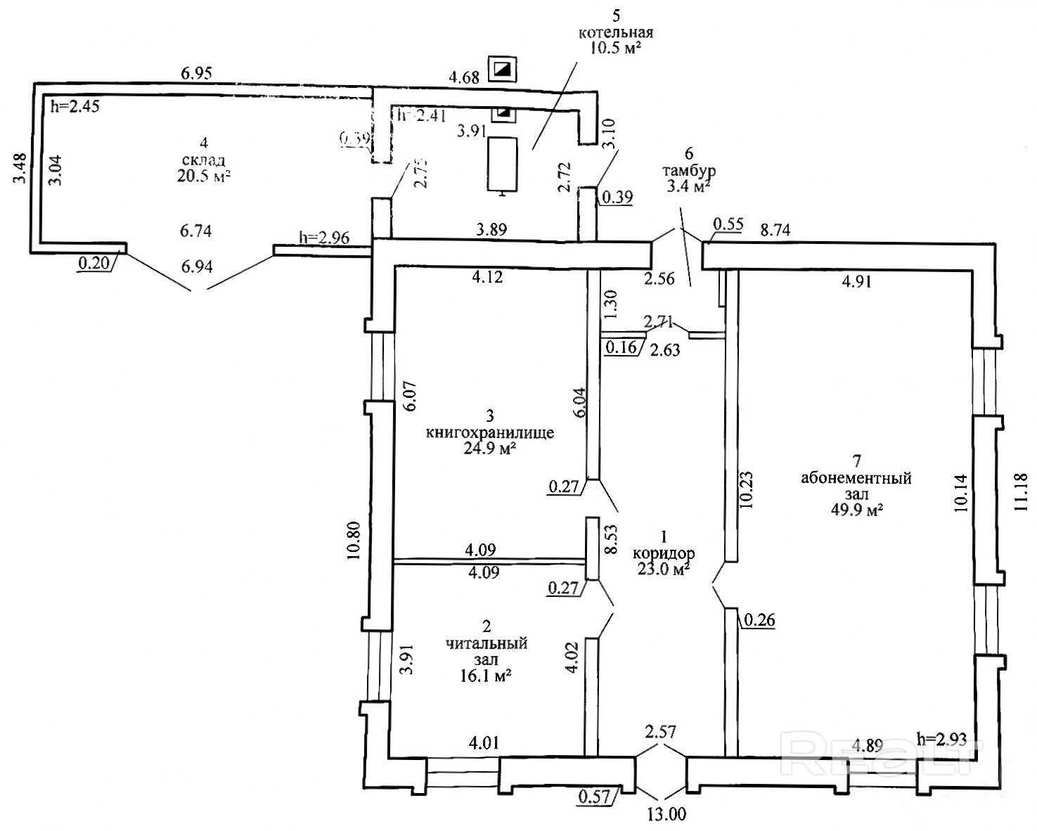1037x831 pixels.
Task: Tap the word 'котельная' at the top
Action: pyautogui.click(x=616, y=32)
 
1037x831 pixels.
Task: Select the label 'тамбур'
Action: pyautogui.click(x=688, y=171)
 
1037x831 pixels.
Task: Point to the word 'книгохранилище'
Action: pyautogui.click(x=490, y=432)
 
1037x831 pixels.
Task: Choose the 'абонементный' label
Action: pyautogui.click(x=856, y=479)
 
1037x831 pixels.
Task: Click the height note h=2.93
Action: pyautogui.click(x=943, y=738)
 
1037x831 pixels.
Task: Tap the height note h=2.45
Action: pyautogui.click(x=76, y=107)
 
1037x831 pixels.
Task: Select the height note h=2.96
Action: pyautogui.click(x=324, y=237)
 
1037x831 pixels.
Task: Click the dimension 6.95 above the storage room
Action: pyautogui.click(x=197, y=72)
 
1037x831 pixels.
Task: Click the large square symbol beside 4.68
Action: pyautogui.click(x=503, y=69)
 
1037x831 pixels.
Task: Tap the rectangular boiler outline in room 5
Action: pyautogui.click(x=503, y=163)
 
